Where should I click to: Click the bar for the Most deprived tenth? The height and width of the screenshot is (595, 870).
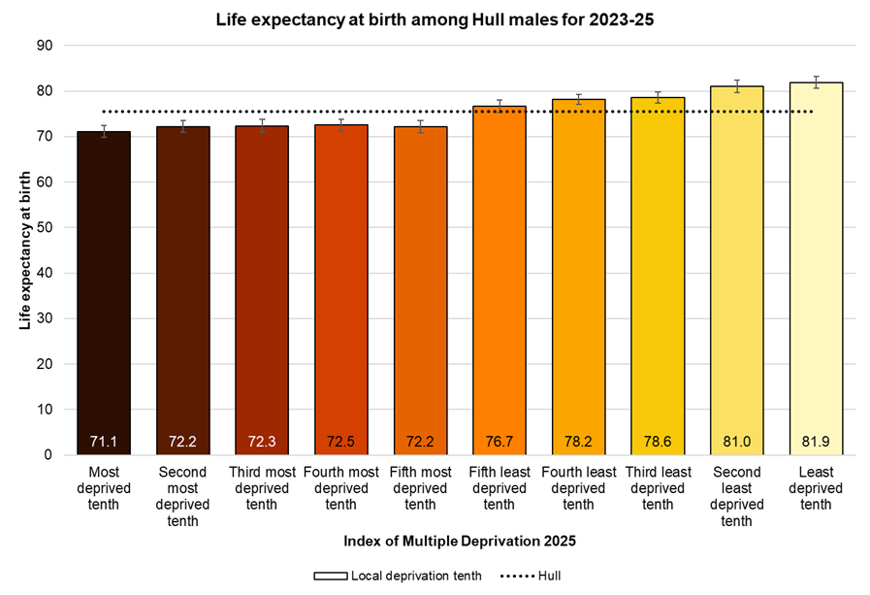point(104,291)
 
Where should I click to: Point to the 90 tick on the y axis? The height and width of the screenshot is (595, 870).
point(45,46)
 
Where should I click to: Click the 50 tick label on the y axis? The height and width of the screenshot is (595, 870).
point(45,227)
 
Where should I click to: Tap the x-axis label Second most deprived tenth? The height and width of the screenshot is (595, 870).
point(182,497)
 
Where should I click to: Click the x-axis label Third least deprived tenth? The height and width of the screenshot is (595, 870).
point(658,489)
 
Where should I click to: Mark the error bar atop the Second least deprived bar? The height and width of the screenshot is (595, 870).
point(736,86)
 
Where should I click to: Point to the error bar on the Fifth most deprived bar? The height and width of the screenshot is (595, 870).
point(420,127)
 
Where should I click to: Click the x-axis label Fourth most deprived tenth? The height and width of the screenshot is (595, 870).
point(340,489)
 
